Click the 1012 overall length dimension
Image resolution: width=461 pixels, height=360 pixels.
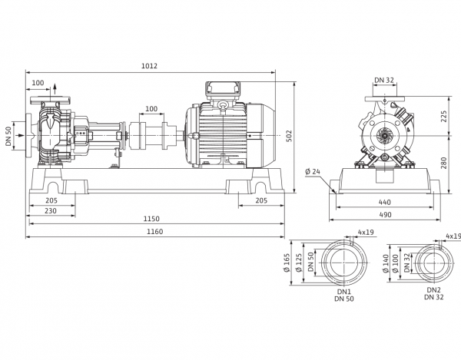point(149,66)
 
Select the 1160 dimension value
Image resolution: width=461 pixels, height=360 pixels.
point(154,232)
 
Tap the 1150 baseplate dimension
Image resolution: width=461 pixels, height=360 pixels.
point(151,219)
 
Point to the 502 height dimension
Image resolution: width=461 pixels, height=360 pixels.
point(290,137)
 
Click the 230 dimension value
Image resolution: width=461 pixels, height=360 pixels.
point(51,210)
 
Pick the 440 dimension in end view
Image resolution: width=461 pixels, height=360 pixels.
point(385,202)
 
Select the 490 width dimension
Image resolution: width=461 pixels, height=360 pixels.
point(385,215)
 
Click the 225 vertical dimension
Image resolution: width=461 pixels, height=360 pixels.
point(443,116)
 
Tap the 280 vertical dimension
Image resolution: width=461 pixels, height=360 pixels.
point(443,163)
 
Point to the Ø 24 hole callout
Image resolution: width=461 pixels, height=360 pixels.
point(313,171)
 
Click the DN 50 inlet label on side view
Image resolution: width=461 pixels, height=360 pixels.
point(8,137)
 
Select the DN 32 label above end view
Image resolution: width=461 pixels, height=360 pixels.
point(384,80)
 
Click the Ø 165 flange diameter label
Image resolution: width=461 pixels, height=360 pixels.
point(287,263)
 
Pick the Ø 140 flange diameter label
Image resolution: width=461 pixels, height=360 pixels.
point(386,263)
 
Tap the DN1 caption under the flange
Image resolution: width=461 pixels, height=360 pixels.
point(344,292)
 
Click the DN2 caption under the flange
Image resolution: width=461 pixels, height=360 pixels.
point(434,290)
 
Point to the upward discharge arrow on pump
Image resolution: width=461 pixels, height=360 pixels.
point(55,89)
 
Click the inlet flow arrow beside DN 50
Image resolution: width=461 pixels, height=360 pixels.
point(18,135)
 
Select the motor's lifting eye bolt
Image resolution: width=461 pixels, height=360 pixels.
point(223,106)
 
